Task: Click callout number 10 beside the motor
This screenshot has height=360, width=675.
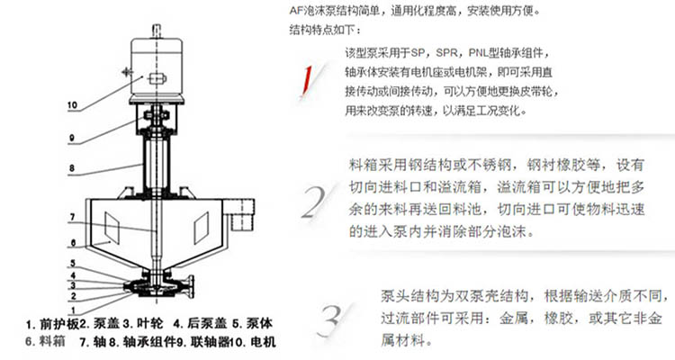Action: pos(72,105)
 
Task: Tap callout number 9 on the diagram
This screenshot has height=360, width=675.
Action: pos(71,138)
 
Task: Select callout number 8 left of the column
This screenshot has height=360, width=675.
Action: pos(72,168)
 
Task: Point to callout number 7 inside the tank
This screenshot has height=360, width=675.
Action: pos(72,218)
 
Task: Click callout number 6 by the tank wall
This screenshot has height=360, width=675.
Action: pos(73,243)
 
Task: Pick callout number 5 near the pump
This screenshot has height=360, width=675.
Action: pos(73,263)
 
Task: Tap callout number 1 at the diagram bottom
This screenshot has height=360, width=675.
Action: pos(73,310)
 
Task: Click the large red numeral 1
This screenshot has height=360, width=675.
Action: pos(307,80)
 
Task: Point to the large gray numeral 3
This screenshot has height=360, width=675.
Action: pos(330,320)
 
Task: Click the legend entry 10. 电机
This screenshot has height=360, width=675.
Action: pos(253,342)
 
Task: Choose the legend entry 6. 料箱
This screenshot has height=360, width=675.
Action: pos(45,341)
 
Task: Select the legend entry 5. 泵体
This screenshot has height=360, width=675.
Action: pos(253,323)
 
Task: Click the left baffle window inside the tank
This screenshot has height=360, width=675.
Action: pos(112,227)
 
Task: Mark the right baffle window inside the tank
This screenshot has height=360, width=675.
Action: pos(202,228)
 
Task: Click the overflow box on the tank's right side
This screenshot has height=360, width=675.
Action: pos(242,214)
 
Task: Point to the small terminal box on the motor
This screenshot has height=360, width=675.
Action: pos(157,79)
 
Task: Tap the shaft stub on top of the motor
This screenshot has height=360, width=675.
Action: pos(157,31)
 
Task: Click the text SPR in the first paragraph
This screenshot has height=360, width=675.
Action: pos(448,53)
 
